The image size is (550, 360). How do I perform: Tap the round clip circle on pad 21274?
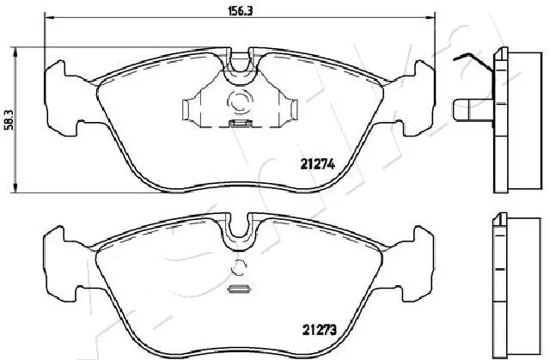pyautogui.click(x=239, y=102)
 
